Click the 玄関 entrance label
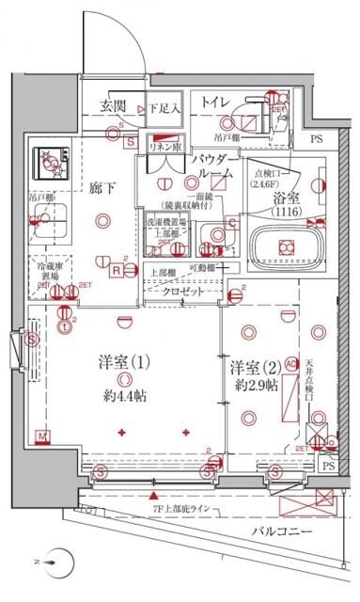point(114,106)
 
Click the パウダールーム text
point(214,167)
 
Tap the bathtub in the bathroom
point(282,248)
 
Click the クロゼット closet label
point(184,292)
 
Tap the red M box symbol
point(42,435)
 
